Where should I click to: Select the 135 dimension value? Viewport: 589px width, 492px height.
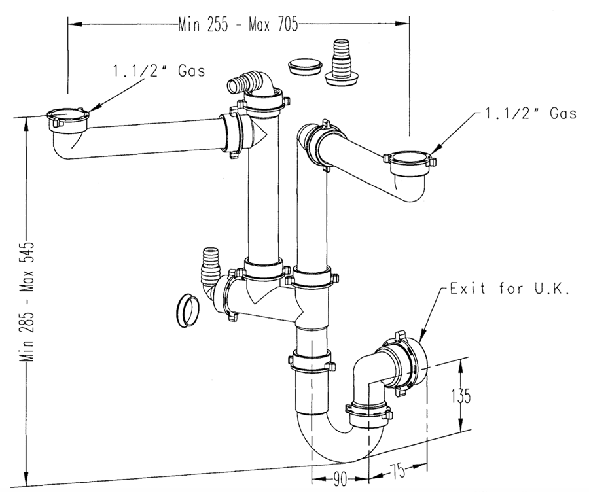coord(461,396)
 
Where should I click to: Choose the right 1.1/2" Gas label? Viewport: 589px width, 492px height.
coord(530,113)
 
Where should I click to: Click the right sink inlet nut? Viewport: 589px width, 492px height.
coord(409,160)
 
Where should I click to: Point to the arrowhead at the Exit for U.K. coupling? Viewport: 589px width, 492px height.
coord(417,341)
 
